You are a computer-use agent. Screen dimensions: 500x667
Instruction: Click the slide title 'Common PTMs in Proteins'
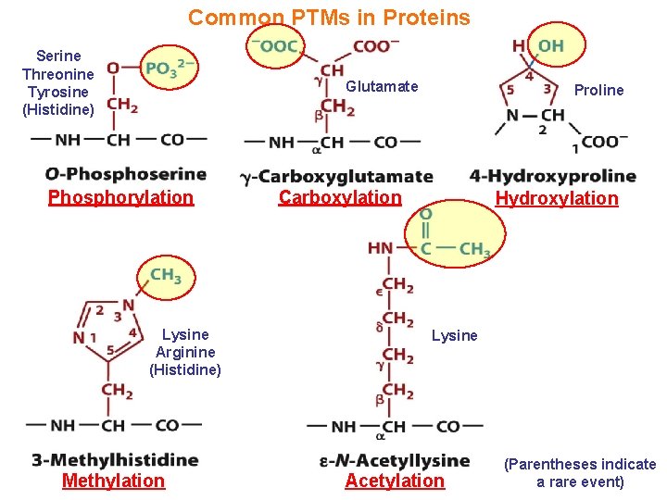click(x=329, y=18)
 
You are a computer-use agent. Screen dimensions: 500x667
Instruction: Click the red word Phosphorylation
click(x=120, y=197)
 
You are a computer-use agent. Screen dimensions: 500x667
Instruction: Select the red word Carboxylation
click(x=340, y=197)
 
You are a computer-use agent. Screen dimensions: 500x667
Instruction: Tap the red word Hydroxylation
click(x=556, y=198)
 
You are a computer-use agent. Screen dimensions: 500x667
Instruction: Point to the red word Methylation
click(x=113, y=481)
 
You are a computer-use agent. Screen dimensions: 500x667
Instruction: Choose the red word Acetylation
click(x=395, y=481)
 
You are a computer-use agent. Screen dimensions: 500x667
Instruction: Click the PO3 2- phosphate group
click(x=170, y=68)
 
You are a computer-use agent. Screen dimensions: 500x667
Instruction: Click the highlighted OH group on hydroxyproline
click(x=550, y=45)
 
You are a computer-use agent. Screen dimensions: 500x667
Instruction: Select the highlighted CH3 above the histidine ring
click(x=166, y=275)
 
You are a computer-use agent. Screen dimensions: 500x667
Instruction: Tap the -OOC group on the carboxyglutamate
click(x=278, y=46)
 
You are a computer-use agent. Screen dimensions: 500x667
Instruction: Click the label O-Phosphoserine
click(x=125, y=174)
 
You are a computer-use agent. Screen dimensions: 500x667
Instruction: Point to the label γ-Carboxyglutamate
click(x=336, y=176)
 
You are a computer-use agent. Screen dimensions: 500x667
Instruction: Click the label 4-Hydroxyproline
click(x=553, y=175)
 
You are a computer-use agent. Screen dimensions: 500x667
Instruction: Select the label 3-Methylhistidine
click(x=115, y=459)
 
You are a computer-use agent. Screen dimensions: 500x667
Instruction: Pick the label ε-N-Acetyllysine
click(x=395, y=460)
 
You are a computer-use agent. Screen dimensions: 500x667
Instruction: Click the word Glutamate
click(x=382, y=86)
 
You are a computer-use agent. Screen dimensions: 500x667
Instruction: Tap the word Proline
click(x=598, y=90)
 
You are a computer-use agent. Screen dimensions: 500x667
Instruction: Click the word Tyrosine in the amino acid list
click(x=58, y=92)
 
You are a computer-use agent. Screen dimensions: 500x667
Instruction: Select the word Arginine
click(x=185, y=352)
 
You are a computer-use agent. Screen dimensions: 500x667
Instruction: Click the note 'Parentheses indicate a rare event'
click(x=579, y=472)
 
